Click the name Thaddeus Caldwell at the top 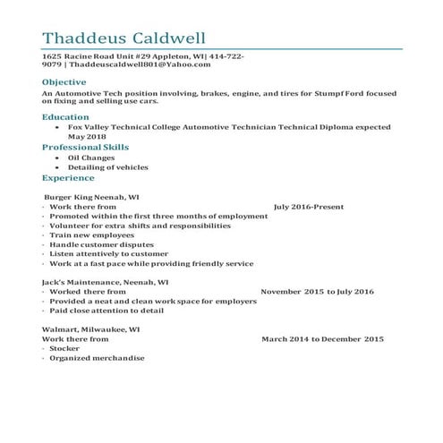click(124, 38)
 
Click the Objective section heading click(64, 81)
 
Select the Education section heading click(65, 116)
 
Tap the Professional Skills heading click(86, 146)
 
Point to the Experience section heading click(68, 178)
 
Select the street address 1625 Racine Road click(81, 55)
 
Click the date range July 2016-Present click(309, 206)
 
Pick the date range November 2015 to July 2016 click(317, 292)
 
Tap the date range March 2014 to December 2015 click(322, 339)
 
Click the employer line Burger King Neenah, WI click(91, 195)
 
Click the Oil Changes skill click(91, 158)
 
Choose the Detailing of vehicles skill click(107, 167)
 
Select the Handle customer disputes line click(103, 244)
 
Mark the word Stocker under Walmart click(64, 349)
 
